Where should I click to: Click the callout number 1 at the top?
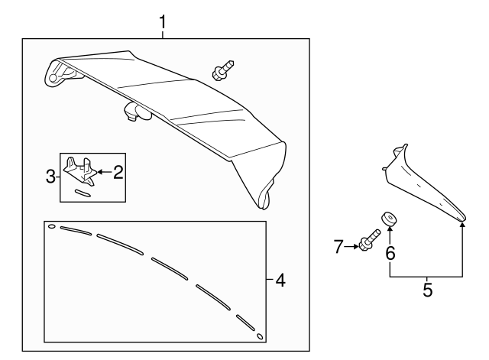pos(163,21)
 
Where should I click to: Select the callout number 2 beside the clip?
pos(118,172)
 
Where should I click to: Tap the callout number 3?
pos(50,177)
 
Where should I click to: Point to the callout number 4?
pos(280,281)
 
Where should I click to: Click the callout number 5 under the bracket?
pos(427,290)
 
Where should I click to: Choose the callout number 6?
pos(390,252)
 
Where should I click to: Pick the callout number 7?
pos(339,246)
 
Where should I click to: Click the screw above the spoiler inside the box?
pos(223,70)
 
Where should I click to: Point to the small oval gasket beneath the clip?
pos(83,193)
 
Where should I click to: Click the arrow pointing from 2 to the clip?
pos(103,172)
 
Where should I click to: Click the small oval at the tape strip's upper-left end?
pos(51,226)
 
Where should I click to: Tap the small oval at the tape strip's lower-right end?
pos(260,336)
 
